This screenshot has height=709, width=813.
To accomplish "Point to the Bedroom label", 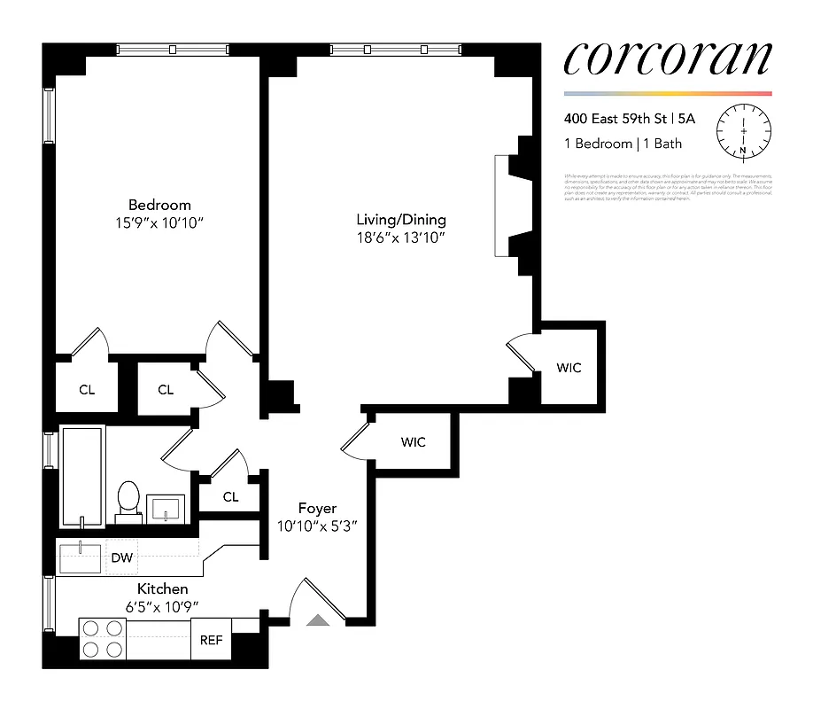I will click(x=159, y=205).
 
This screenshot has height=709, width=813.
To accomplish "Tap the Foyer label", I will click(x=317, y=509).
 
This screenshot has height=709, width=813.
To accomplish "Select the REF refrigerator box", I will click(x=211, y=640).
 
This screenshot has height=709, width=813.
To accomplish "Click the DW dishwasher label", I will click(x=121, y=557).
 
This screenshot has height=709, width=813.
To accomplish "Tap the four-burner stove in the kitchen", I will click(x=102, y=639).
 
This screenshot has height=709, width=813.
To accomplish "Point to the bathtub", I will click(x=81, y=476).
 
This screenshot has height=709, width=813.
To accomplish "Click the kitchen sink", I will click(x=81, y=557).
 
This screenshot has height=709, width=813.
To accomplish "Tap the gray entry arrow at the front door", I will click(x=318, y=620).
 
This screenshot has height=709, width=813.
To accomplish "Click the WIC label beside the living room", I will click(x=569, y=367).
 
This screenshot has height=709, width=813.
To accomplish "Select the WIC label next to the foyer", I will click(x=414, y=441).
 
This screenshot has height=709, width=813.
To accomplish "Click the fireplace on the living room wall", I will click(x=512, y=206).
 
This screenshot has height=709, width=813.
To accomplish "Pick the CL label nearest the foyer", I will click(x=230, y=497).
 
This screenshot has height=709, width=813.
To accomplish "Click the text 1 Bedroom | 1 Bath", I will click(x=623, y=144).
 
